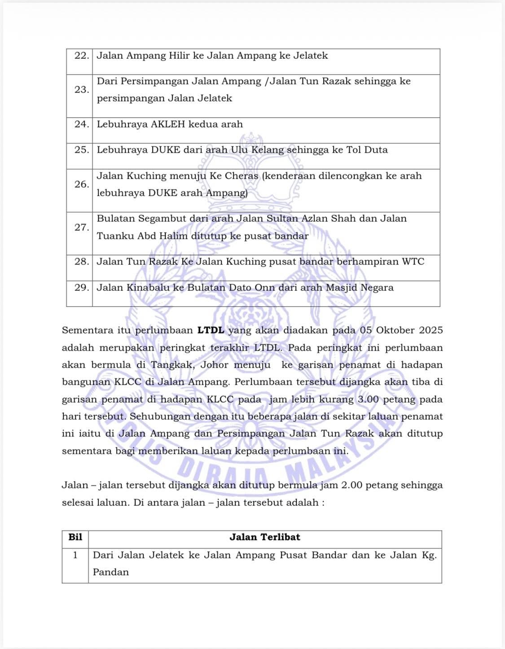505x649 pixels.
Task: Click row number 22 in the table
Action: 81,56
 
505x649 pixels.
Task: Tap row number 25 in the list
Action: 81,150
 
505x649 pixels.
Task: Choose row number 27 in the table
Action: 81,228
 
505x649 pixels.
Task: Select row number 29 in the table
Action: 81,288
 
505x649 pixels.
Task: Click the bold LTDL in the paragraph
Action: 211,330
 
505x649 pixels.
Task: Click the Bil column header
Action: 75,537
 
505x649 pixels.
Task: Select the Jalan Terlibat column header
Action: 265,537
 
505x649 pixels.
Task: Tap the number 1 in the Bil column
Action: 75,555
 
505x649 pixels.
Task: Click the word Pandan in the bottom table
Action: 111,572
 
